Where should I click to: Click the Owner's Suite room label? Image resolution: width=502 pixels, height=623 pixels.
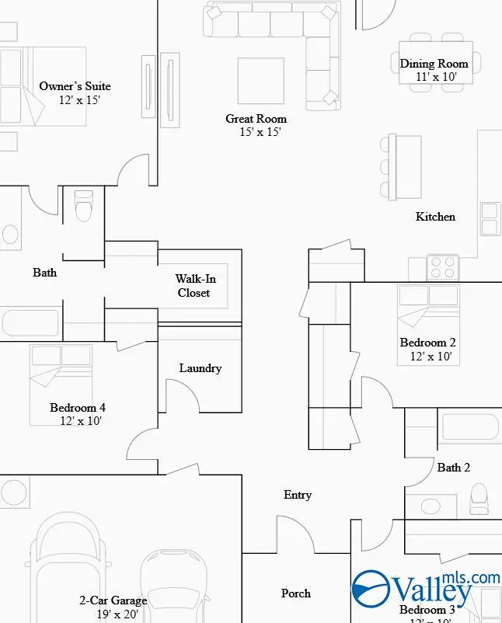[75, 86]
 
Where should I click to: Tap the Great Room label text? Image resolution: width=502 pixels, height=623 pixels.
[256, 119]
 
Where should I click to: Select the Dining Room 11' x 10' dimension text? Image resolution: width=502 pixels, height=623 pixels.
[434, 77]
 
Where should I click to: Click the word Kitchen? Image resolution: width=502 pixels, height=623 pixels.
[435, 217]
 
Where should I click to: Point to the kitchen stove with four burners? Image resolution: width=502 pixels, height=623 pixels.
[443, 267]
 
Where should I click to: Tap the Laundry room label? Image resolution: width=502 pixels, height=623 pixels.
[200, 368]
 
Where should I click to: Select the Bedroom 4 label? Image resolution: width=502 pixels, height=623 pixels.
[78, 408]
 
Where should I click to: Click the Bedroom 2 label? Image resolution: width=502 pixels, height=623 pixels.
[427, 343]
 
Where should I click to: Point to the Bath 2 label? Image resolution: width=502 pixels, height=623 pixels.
[454, 468]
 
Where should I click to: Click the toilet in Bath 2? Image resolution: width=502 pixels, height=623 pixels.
[479, 498]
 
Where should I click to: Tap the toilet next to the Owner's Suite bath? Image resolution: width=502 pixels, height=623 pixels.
[82, 206]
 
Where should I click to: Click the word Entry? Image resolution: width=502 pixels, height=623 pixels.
[298, 495]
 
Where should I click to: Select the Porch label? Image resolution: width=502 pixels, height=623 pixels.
[295, 593]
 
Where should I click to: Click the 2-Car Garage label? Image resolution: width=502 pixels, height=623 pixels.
[113, 600]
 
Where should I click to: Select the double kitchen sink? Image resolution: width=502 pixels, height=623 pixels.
[490, 219]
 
